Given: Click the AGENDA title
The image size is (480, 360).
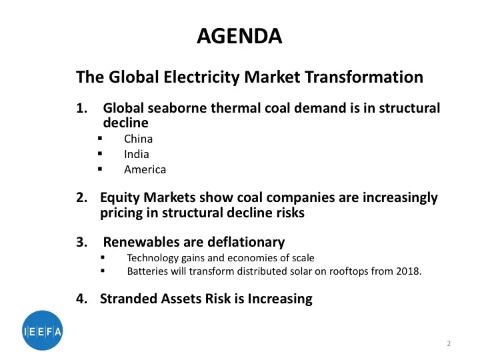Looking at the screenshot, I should point(240,35).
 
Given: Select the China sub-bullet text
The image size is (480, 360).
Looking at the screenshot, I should point(138,139).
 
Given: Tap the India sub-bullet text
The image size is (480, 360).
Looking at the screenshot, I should point(137,154).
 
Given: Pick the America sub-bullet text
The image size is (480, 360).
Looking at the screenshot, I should point(145,169).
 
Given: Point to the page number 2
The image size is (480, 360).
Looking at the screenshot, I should point(449,344).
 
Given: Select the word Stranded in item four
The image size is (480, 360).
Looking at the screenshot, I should point(128,299).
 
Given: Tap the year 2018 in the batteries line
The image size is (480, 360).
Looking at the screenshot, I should point(409,271).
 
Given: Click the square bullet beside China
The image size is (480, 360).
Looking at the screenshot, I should point(99,139).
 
